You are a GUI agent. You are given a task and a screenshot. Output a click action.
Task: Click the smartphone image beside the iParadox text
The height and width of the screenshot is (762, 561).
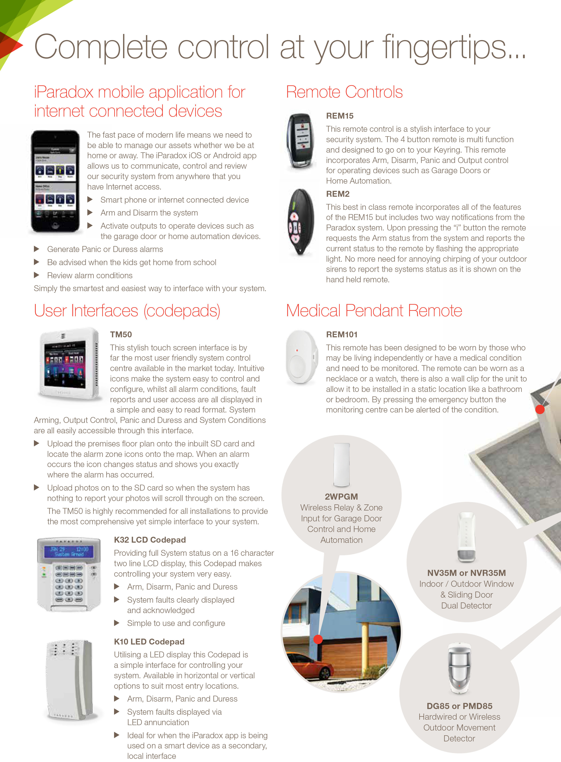(55, 181)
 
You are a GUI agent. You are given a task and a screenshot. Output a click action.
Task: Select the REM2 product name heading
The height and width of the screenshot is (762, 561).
(338, 194)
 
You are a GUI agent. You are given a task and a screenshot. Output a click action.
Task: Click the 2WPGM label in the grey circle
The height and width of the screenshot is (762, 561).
(341, 496)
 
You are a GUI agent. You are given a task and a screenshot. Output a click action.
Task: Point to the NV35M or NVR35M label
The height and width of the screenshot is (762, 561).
(466, 573)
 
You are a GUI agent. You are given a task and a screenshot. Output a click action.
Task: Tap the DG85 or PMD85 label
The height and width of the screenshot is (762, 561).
(459, 706)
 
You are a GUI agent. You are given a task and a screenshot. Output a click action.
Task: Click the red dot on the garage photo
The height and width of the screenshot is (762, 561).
(318, 639)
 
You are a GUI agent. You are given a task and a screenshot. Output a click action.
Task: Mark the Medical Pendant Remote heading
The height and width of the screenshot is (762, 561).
(374, 311)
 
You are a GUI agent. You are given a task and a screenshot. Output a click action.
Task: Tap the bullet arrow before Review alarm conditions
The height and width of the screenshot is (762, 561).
(37, 275)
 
